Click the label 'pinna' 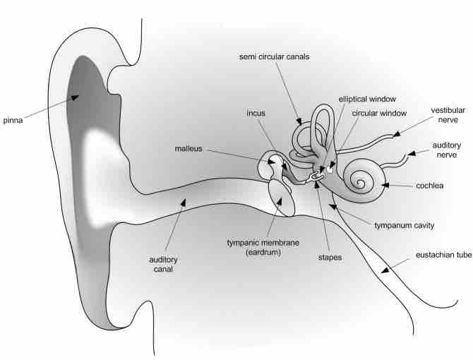[13, 120]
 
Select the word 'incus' [256, 113]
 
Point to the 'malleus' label [188, 148]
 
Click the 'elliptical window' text [366, 100]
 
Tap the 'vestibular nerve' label [448, 115]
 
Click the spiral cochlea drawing [361, 181]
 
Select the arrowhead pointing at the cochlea [384, 185]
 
